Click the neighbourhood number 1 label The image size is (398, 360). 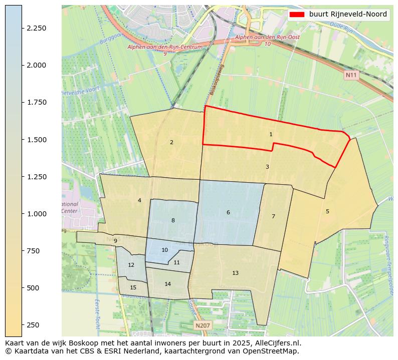point(271,134)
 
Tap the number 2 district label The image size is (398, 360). point(171,142)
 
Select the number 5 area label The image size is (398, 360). point(327,211)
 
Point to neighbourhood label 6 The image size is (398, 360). point(228,212)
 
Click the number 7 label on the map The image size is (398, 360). point(273,216)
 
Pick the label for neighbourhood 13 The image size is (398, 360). point(235,273)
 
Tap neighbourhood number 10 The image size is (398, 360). point(164,250)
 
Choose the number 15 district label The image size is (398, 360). point(133,287)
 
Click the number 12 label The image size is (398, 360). point(131,265)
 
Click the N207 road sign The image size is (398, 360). point(203,325)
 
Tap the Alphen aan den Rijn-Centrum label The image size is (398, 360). point(165,47)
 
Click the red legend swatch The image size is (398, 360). point(297,15)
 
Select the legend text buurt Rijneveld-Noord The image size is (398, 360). point(348,15)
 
